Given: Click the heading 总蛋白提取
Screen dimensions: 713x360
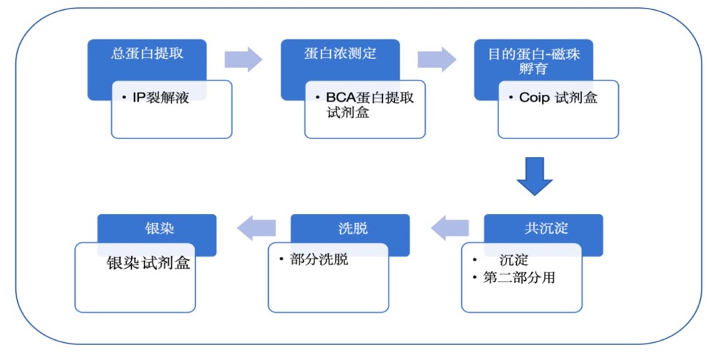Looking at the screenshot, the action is pyautogui.click(x=148, y=53).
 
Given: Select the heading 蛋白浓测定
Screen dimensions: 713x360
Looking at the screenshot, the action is pyautogui.click(x=341, y=53).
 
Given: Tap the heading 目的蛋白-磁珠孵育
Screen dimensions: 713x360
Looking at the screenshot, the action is pyautogui.click(x=534, y=61).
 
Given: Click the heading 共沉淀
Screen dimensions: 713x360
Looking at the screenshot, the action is pyautogui.click(x=546, y=228).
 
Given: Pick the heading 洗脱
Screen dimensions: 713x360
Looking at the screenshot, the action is pyautogui.click(x=353, y=228).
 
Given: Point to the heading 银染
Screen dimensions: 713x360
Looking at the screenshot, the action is pyautogui.click(x=160, y=228).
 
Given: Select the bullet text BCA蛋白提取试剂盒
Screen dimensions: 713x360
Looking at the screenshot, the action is pyautogui.click(x=369, y=105).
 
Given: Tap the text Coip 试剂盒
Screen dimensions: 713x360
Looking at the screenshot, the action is pyautogui.click(x=558, y=98).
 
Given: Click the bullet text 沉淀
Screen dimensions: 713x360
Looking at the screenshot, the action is pyautogui.click(x=514, y=260).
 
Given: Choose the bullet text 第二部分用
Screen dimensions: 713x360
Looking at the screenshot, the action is pyautogui.click(x=519, y=277).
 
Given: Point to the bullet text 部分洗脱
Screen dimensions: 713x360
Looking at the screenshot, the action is pyautogui.click(x=319, y=259).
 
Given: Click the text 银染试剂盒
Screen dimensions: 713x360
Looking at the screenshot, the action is pyautogui.click(x=148, y=263).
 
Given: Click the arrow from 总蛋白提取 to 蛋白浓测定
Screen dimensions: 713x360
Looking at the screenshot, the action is pyautogui.click(x=243, y=59).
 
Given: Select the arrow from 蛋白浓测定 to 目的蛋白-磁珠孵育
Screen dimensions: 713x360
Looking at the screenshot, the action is pyautogui.click(x=436, y=59).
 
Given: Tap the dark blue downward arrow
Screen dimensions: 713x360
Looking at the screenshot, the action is pyautogui.click(x=535, y=176).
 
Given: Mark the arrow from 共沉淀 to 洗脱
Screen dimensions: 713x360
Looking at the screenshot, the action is pyautogui.click(x=450, y=227).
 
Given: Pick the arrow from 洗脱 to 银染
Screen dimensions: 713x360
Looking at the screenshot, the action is pyautogui.click(x=257, y=227).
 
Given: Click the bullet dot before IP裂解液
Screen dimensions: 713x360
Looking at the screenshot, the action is pyautogui.click(x=124, y=97).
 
